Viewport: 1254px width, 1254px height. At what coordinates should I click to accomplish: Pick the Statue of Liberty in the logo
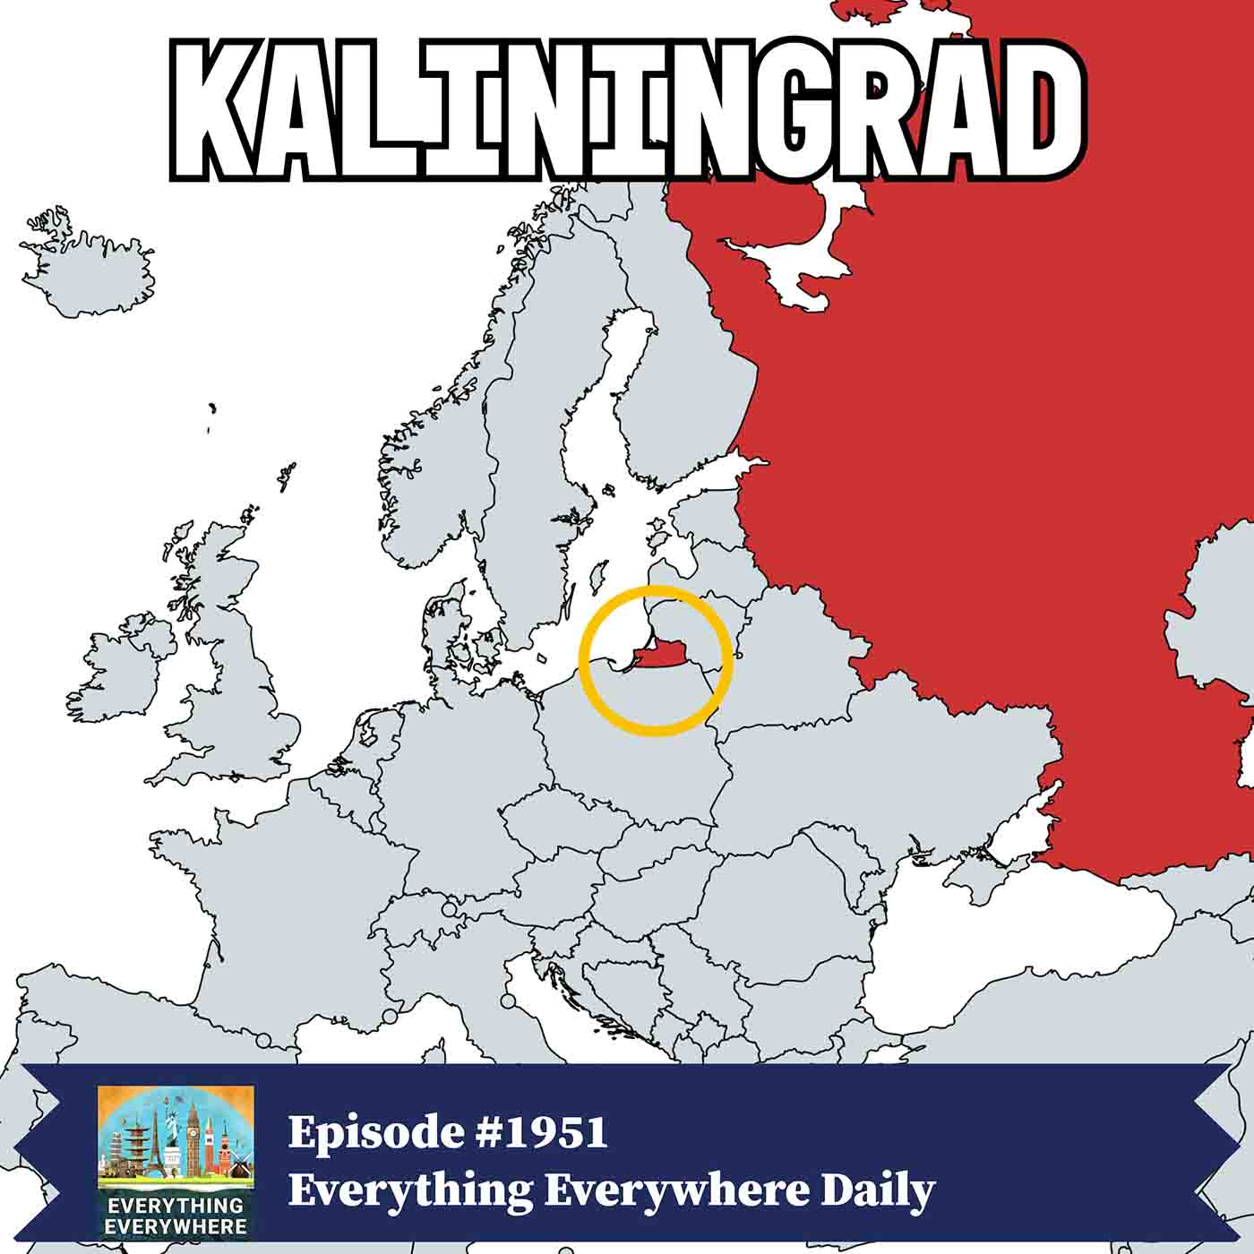[x=171, y=1124]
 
